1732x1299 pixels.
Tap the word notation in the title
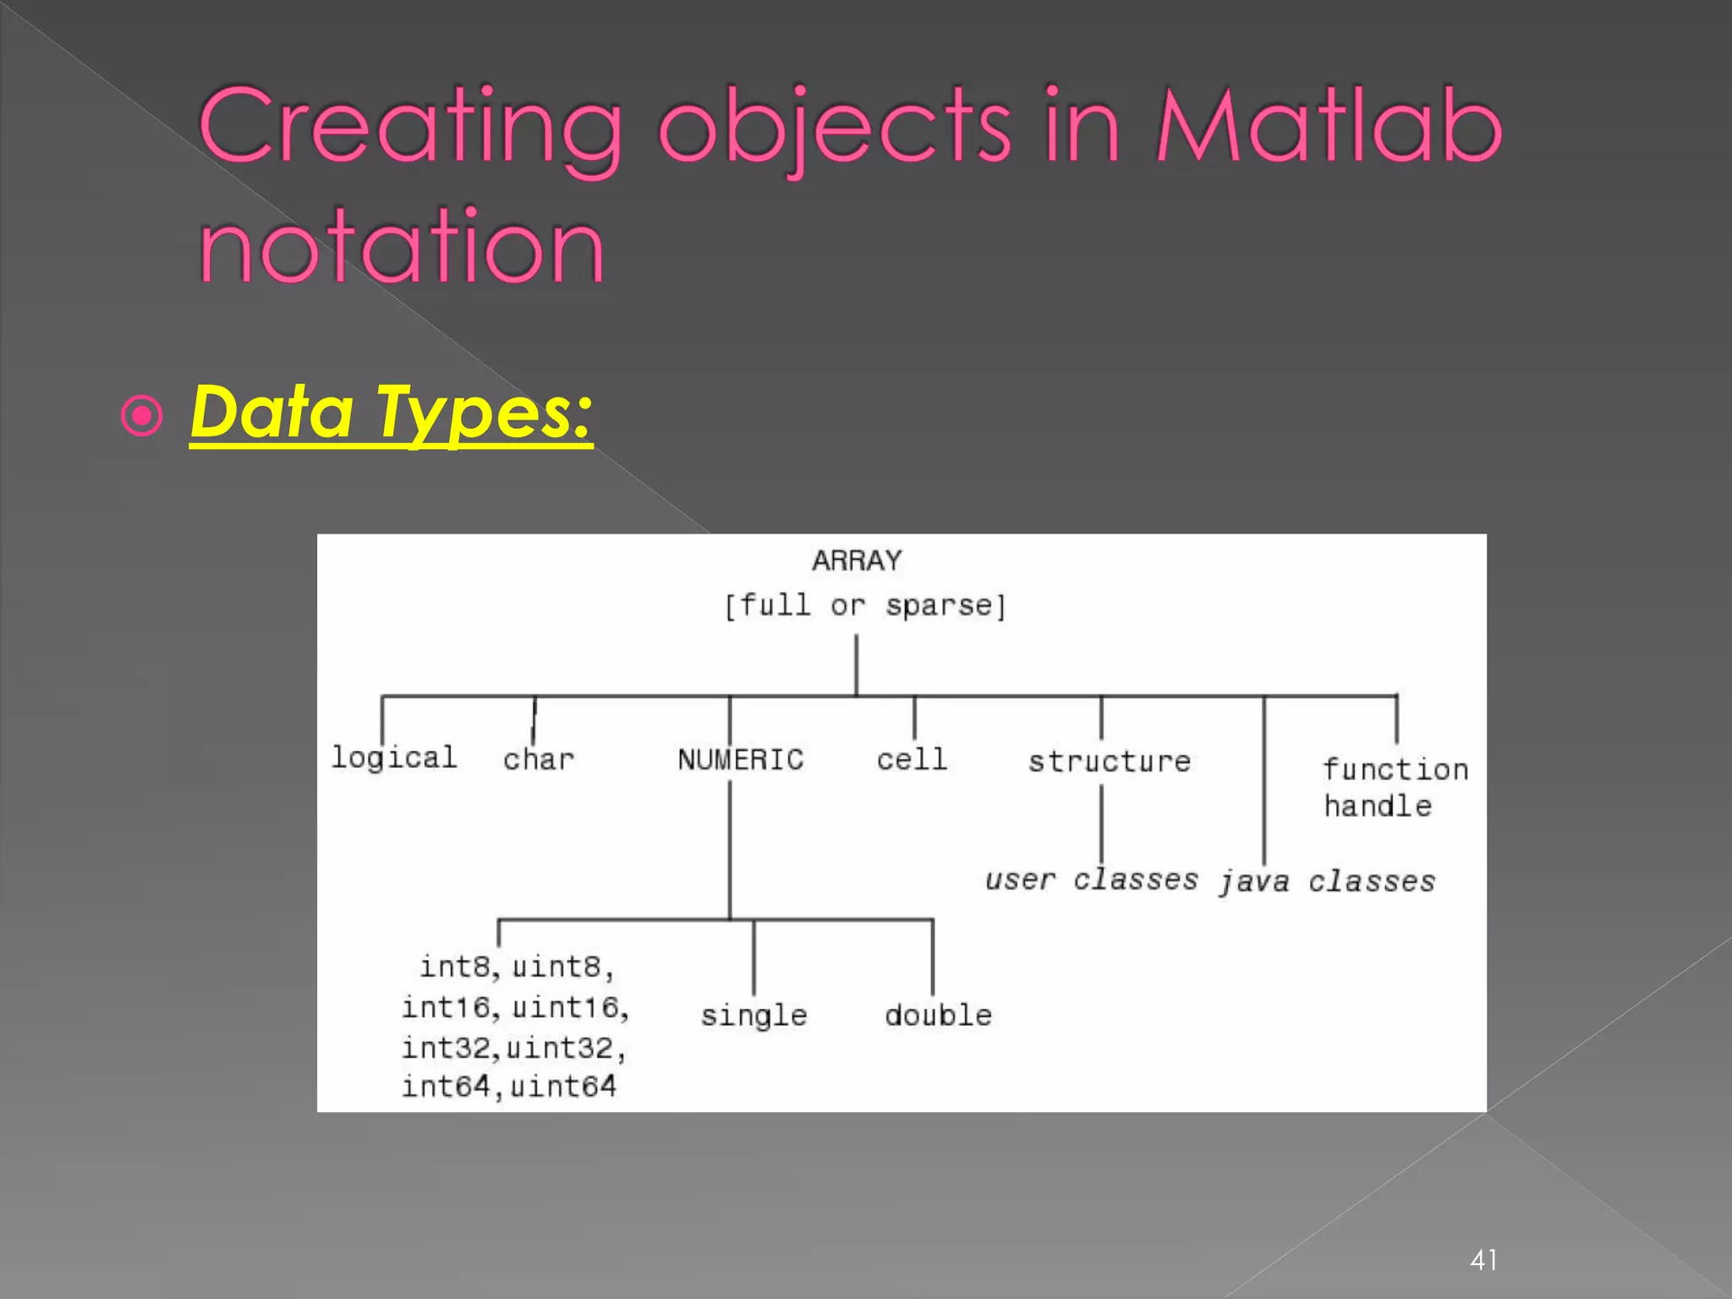(x=402, y=247)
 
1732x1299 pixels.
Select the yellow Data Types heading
(x=391, y=412)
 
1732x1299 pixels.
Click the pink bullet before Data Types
(x=141, y=416)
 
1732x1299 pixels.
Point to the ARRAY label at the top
(x=857, y=561)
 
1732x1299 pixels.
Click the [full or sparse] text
(x=864, y=606)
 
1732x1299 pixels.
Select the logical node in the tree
(x=394, y=757)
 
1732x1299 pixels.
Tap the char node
(x=539, y=759)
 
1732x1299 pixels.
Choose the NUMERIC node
(x=740, y=759)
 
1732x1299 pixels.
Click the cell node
(x=912, y=759)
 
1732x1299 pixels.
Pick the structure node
(x=1109, y=761)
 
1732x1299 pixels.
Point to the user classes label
(x=1091, y=880)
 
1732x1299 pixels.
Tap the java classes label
(x=1326, y=882)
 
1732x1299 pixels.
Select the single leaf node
(x=754, y=1015)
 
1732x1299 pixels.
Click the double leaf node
(x=938, y=1015)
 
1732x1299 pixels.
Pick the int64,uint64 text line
(x=509, y=1087)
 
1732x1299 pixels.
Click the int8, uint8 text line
(x=516, y=967)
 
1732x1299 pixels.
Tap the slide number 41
(x=1483, y=1260)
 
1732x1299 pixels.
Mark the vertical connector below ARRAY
(x=856, y=665)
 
